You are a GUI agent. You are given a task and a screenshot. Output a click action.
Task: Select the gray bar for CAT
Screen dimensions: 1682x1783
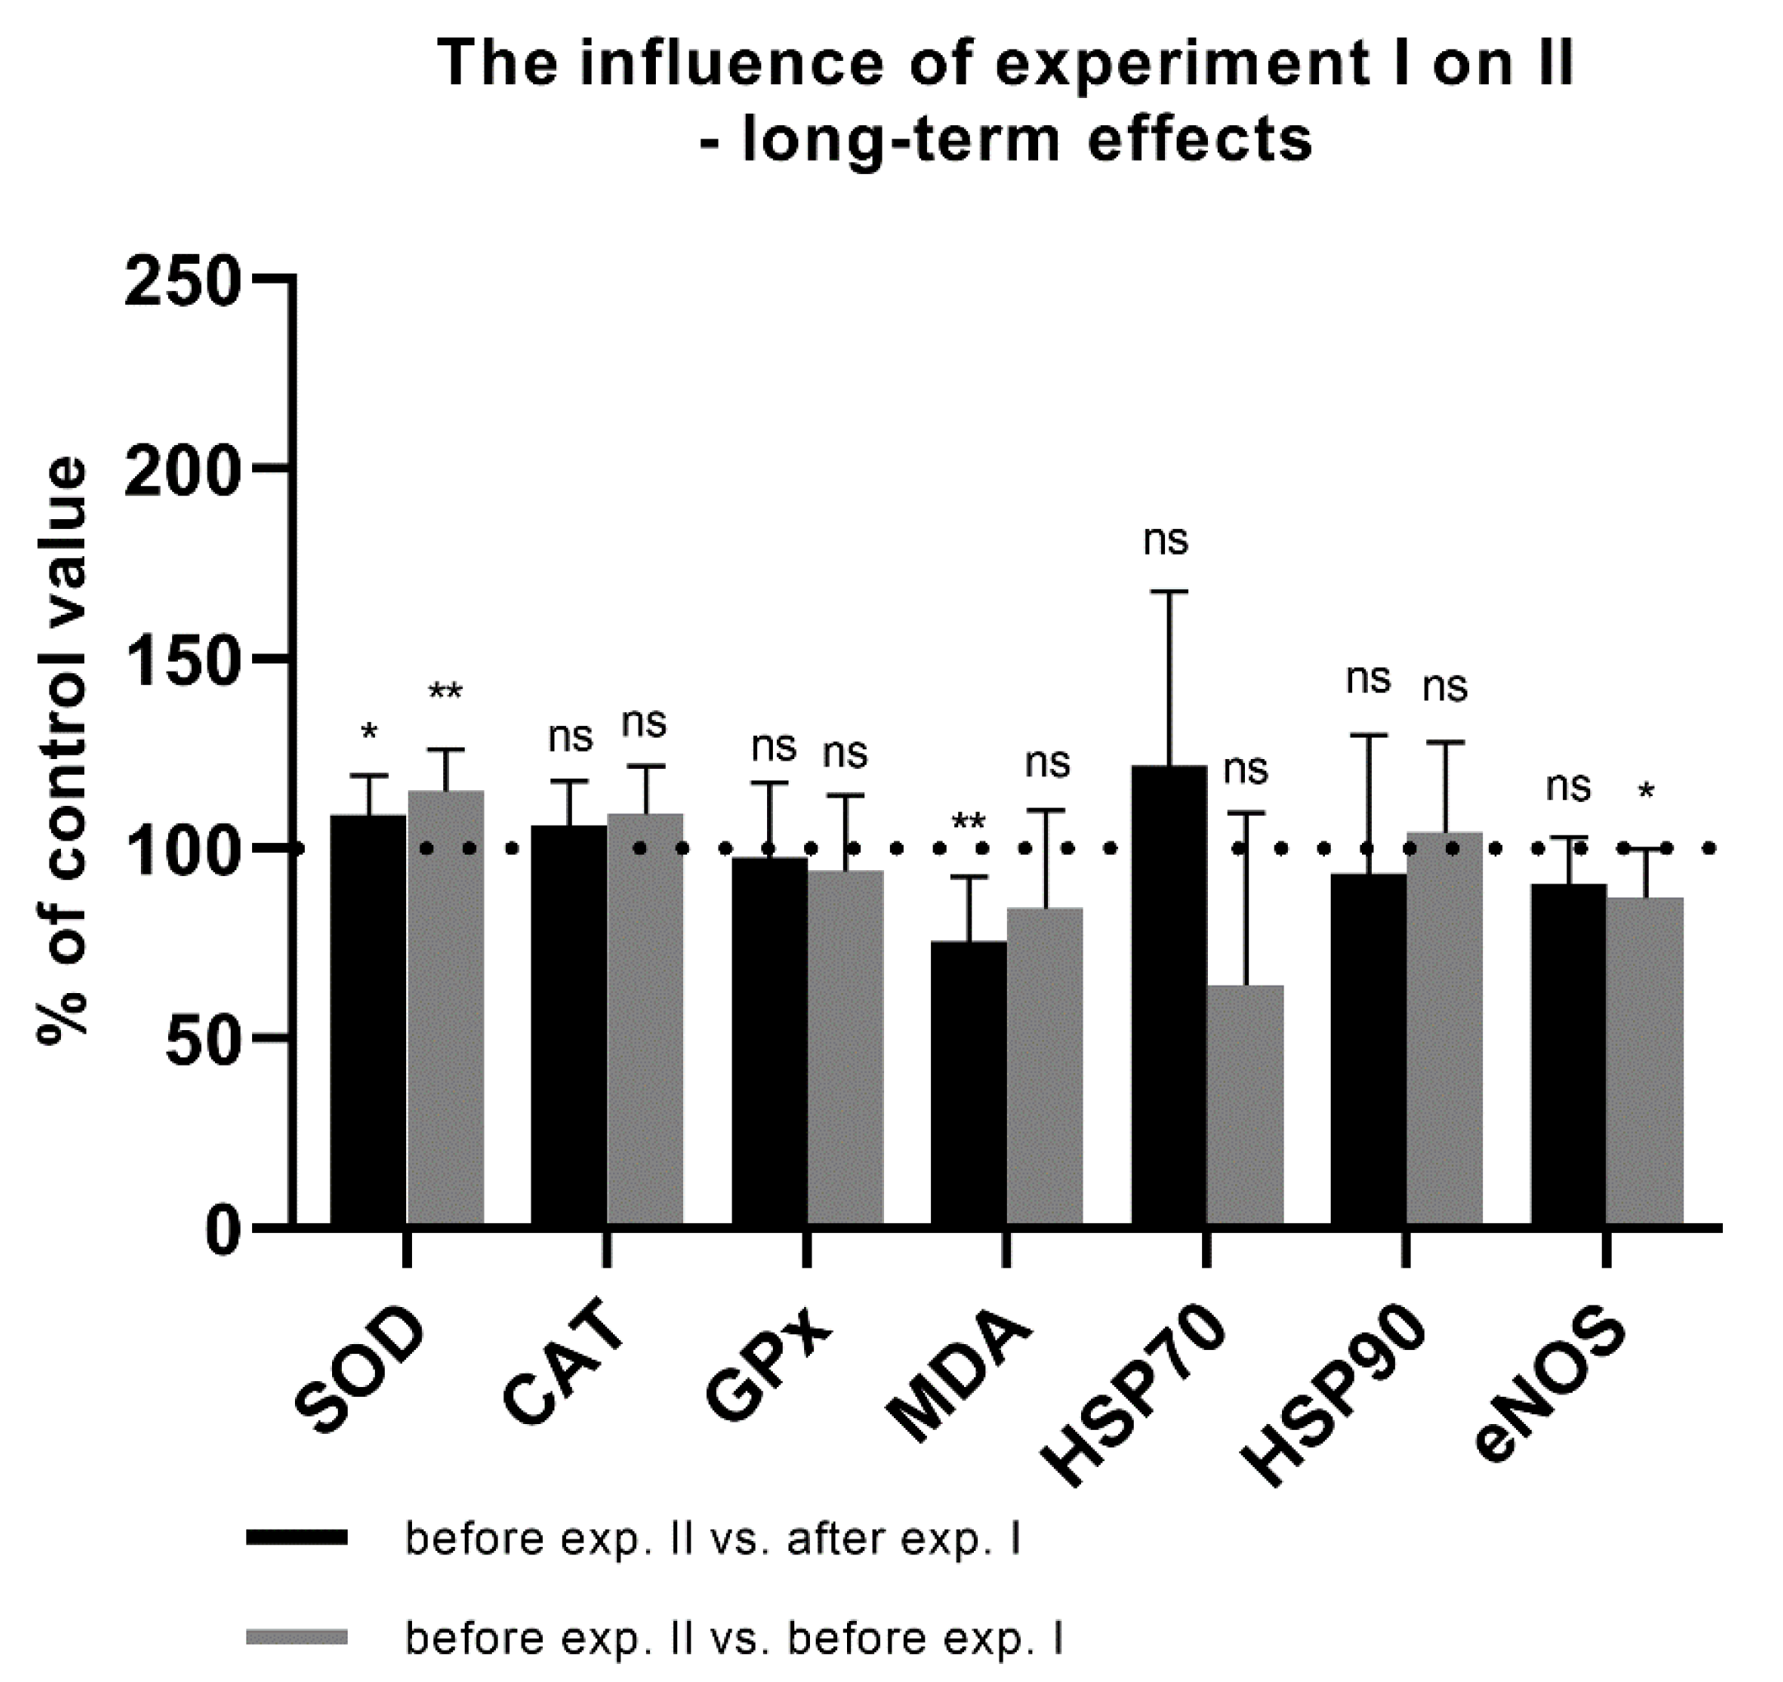click(645, 1018)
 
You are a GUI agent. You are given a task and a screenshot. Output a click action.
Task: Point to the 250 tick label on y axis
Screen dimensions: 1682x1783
click(184, 282)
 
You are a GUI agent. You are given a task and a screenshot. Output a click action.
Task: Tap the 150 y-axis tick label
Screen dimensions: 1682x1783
click(184, 661)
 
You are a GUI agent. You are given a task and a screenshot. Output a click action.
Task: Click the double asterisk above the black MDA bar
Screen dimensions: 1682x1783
click(969, 822)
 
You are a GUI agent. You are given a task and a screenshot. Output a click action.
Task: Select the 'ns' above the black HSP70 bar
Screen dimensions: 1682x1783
click(1166, 541)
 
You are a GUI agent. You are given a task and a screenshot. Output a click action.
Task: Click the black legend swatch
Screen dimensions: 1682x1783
click(297, 1538)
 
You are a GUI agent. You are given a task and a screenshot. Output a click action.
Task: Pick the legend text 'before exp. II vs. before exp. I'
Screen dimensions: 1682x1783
click(733, 1638)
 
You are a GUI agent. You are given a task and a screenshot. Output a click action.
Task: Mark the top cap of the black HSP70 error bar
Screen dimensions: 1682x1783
click(1169, 592)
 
